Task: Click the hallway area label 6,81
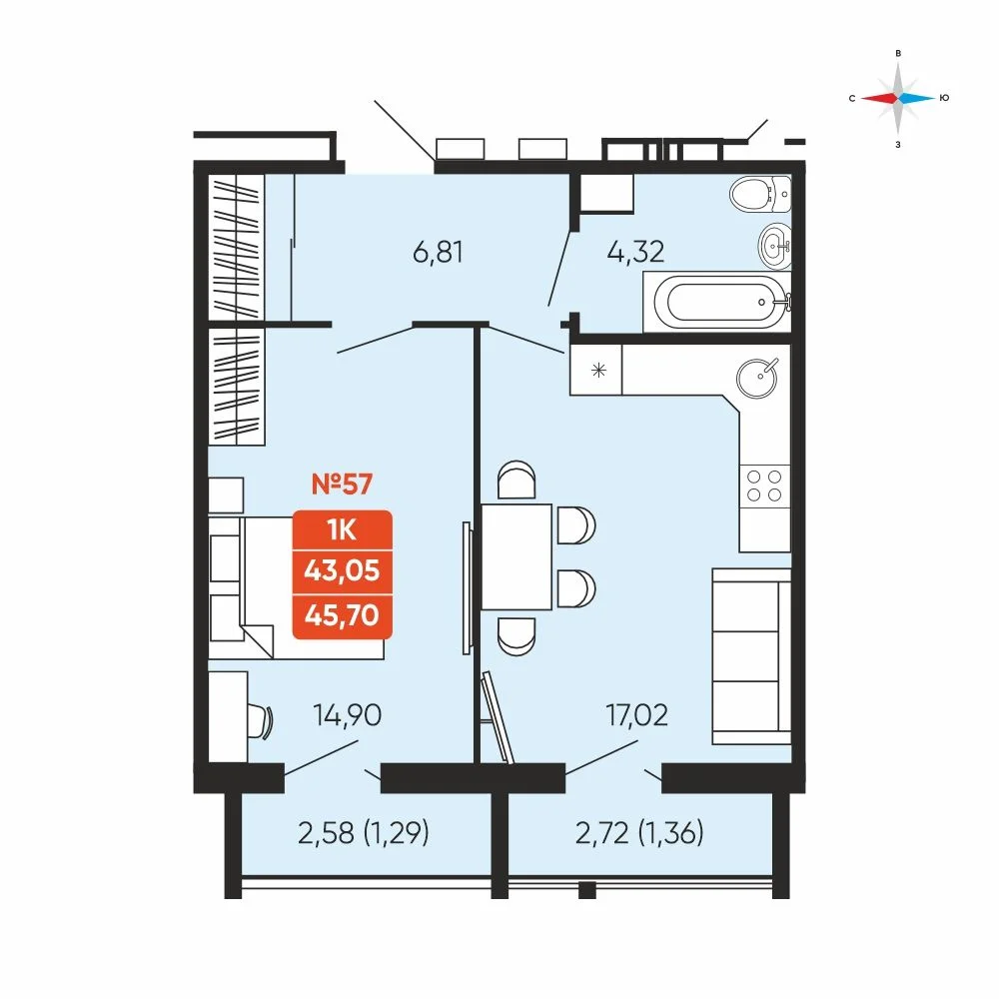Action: point(438,253)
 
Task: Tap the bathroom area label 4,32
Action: point(635,252)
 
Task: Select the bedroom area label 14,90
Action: point(348,715)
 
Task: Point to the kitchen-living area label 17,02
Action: point(637,715)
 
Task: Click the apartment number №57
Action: point(342,485)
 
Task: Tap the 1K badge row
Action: point(342,529)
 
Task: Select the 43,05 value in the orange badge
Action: point(342,570)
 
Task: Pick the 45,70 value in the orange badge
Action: point(342,615)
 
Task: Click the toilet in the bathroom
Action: point(760,194)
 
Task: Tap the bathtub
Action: point(717,302)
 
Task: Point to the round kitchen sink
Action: point(757,378)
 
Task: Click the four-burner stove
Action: point(764,487)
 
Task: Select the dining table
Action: point(516,556)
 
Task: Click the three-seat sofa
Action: point(752,656)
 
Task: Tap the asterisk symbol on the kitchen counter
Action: point(598,370)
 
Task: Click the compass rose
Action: point(898,98)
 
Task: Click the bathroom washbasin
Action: point(775,245)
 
